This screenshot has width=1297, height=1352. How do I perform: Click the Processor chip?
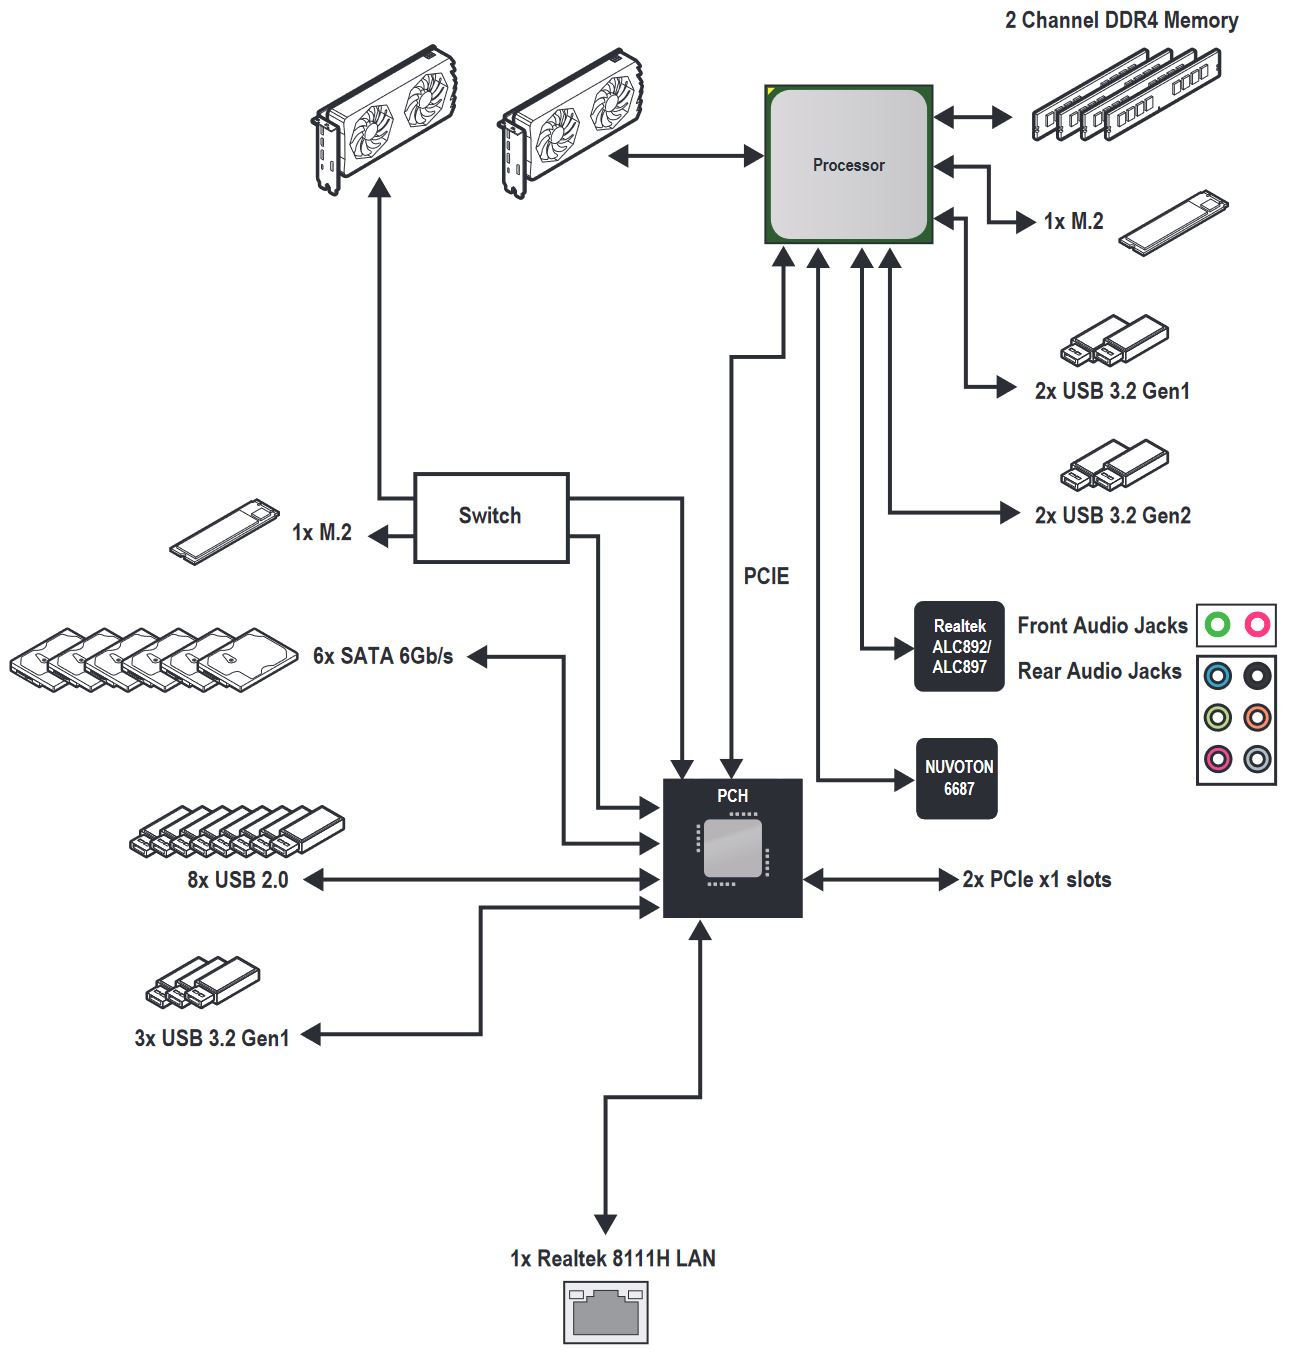coord(848,165)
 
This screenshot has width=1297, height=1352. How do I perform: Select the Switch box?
coord(490,517)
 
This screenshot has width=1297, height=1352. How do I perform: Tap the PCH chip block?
coord(732,847)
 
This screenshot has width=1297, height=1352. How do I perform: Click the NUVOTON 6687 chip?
coord(957,778)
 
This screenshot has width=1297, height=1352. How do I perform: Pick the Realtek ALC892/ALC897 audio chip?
coord(958,646)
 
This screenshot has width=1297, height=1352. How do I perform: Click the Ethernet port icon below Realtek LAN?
coord(605,1312)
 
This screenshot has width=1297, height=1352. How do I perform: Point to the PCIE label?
coord(766,576)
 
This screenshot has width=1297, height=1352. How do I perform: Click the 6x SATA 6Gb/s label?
coord(383,656)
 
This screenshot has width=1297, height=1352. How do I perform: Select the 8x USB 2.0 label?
coord(237,880)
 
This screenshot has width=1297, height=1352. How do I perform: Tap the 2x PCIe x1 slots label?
coord(1036,880)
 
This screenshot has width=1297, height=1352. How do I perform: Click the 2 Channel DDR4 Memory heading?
coord(1121,20)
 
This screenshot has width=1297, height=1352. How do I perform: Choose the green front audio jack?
coord(1216,625)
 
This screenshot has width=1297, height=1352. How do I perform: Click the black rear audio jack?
coord(1257,676)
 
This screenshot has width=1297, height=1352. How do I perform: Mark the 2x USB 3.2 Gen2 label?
coord(1112,515)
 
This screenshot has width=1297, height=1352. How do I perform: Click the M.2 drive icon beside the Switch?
coord(222,530)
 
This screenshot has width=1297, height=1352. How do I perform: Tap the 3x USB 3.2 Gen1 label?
coord(212,1038)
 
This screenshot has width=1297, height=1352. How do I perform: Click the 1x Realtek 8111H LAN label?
coord(612,1258)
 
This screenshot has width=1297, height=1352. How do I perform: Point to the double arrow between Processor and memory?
coord(973,117)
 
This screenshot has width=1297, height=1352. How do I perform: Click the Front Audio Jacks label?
coord(1102,626)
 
